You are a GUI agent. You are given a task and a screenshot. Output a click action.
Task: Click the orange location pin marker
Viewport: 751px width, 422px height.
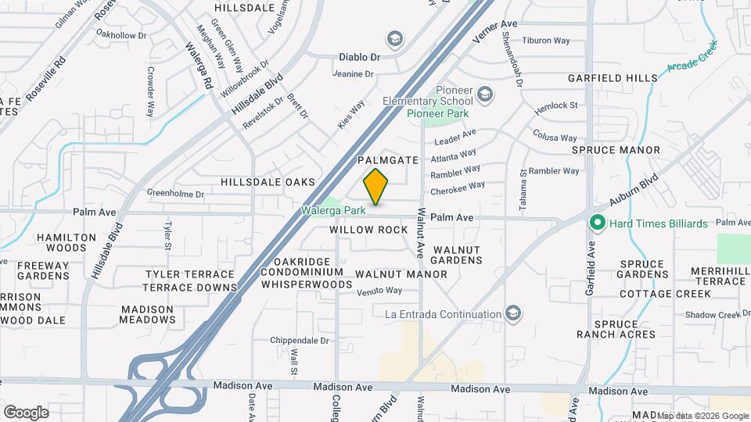(x=375, y=187)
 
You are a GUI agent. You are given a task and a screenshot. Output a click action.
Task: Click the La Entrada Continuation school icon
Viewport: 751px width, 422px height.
(x=512, y=314)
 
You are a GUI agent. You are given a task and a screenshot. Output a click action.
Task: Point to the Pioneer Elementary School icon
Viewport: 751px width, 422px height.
(x=485, y=95)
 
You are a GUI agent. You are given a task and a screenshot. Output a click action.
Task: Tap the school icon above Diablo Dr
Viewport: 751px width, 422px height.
(x=395, y=39)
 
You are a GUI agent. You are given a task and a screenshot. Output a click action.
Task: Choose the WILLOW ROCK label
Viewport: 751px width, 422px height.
(x=368, y=230)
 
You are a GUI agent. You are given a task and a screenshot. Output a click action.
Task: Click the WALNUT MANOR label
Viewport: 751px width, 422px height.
(x=401, y=274)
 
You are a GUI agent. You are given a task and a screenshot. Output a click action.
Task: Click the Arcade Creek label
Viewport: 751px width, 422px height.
(x=692, y=58)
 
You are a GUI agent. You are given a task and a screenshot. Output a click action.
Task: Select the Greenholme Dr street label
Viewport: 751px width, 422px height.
(x=175, y=193)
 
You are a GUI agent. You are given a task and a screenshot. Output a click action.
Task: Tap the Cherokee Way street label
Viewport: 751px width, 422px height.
(x=458, y=188)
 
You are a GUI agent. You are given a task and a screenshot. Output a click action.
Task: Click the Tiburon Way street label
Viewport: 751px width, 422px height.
(x=546, y=41)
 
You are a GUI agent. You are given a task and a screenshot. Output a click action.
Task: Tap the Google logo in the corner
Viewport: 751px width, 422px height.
(x=26, y=412)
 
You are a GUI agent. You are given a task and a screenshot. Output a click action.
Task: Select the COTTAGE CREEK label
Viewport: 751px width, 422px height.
(x=665, y=294)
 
